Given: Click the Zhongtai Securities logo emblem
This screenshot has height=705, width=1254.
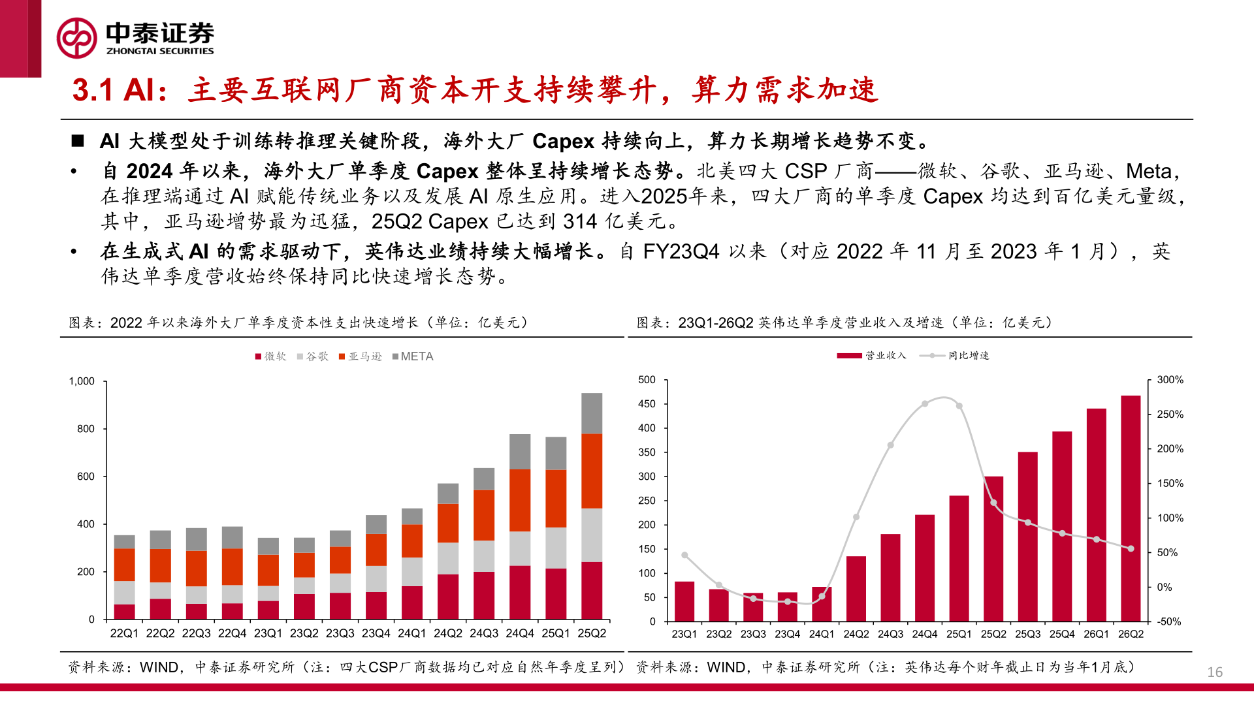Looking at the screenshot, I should point(77,38).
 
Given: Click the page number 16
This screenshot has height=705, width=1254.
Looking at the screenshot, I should point(1214,672).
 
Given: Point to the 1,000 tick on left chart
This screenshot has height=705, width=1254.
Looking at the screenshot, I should point(82,381).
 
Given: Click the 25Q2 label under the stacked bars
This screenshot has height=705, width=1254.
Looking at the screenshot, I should point(592,633).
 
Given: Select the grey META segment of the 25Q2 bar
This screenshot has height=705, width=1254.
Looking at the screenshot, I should point(592,413).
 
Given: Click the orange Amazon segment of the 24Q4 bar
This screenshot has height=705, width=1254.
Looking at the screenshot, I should point(520,500).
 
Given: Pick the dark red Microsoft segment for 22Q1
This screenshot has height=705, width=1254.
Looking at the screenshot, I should point(124,612).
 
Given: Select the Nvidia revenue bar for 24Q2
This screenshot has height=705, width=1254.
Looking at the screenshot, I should point(856,587).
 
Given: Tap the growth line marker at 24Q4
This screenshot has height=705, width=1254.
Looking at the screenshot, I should point(925,404).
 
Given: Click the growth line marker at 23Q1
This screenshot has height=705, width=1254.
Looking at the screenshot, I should point(684,556).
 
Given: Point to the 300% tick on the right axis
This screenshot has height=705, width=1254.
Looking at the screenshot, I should point(1170,380).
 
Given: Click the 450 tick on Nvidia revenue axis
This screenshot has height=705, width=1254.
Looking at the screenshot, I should point(647,404).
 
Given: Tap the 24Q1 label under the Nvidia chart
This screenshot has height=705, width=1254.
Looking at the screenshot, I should point(822,634).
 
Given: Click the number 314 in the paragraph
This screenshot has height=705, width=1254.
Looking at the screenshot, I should point(579,222).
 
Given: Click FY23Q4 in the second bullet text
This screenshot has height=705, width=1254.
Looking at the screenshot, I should point(681,252).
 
